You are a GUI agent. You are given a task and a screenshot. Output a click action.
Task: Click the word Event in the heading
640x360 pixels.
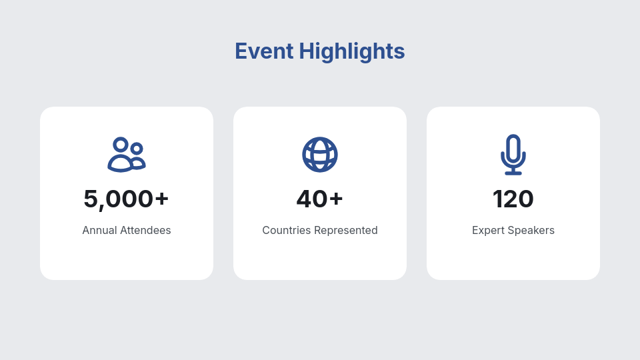coord(264,51)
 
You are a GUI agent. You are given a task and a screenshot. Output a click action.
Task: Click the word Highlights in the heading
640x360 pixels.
coord(352,52)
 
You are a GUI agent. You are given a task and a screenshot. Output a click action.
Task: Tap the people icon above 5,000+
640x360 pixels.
coord(127,155)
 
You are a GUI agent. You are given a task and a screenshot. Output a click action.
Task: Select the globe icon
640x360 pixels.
coord(320,155)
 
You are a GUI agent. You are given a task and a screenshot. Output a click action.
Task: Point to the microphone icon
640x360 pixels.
coord(513,155)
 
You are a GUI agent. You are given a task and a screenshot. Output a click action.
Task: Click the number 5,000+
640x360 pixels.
coord(126,199)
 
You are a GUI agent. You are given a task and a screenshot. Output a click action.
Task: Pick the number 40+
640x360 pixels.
coord(319,199)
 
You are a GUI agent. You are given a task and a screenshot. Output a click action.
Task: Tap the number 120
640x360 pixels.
coord(513,199)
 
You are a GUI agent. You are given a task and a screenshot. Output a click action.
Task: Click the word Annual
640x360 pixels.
coord(100,230)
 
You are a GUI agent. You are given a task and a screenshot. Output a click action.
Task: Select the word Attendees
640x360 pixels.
coord(146,230)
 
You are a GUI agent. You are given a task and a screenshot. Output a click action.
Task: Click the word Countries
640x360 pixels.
coord(287,230)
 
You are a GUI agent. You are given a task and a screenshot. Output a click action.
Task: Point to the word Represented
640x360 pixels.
coord(346,231)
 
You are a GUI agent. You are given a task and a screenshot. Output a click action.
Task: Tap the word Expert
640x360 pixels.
coord(488,231)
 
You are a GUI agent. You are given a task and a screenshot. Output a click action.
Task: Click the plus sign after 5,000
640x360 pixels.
coord(161,199)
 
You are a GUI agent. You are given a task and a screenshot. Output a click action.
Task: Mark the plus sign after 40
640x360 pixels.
coord(336,199)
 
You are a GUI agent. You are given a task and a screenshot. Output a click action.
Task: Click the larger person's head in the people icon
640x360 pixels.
coord(121,144)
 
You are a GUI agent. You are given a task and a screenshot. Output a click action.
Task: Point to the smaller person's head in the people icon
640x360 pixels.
coord(137,148)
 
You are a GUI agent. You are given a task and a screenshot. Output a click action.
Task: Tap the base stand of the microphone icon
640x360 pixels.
coord(513,173)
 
